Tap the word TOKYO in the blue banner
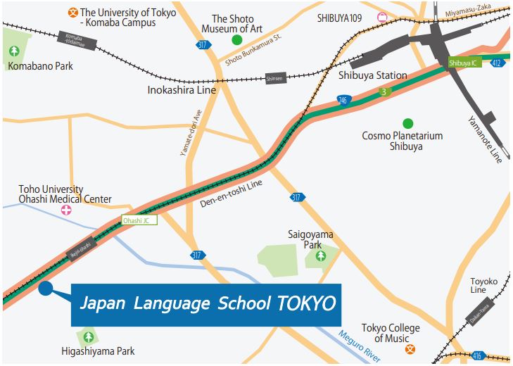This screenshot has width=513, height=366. (307, 304)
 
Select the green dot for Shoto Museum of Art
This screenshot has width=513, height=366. (237, 40)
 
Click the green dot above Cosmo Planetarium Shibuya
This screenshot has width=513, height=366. (407, 123)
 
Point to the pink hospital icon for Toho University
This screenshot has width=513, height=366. (65, 210)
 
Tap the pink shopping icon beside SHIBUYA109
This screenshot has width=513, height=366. (383, 18)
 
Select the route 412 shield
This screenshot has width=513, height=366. (498, 63)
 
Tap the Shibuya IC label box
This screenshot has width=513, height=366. (463, 63)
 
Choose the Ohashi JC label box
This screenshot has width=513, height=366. (138, 220)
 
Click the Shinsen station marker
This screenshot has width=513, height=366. (274, 80)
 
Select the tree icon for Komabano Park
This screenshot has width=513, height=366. (15, 51)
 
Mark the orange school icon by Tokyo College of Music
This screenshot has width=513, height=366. (410, 348)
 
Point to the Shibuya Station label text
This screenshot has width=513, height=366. (372, 75)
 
